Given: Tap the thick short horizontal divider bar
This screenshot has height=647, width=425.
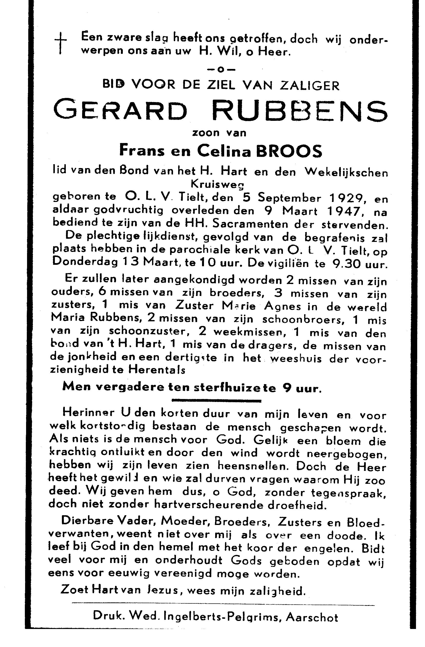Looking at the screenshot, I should (216, 401).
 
